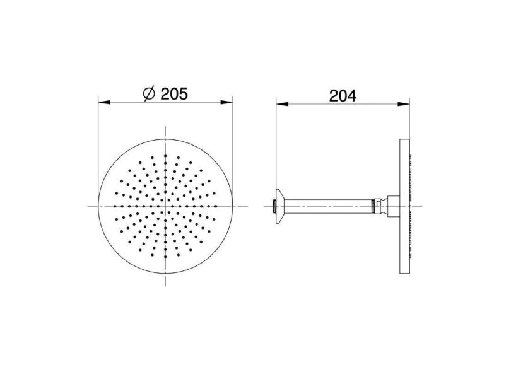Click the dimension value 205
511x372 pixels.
tap(174, 94)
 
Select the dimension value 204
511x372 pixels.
tap(343, 95)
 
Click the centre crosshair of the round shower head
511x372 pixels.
tap(166, 206)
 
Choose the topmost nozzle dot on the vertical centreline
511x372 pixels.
tap(166, 155)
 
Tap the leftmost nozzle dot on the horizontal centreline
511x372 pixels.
tap(115, 206)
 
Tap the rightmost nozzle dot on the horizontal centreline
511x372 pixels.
tap(216, 206)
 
